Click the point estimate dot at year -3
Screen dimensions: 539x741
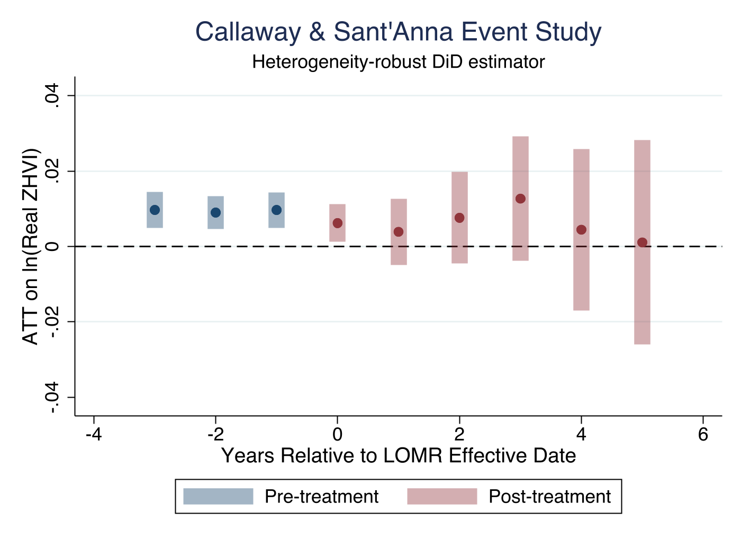click(x=155, y=210)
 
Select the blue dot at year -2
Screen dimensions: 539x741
click(x=215, y=212)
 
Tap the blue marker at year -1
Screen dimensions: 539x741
click(x=276, y=210)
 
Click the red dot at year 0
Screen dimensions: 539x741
click(x=338, y=223)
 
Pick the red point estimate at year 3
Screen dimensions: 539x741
click(x=520, y=199)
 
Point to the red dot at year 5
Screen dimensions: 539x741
click(x=642, y=242)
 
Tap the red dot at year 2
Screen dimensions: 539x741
click(x=459, y=218)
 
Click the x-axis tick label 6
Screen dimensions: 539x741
click(x=703, y=435)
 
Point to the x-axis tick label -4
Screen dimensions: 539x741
click(x=94, y=435)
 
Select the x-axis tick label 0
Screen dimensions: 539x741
click(x=338, y=435)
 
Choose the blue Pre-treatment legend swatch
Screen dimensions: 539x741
click(x=218, y=497)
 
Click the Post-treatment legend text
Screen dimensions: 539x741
click(x=549, y=497)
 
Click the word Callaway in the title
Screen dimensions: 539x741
click(x=248, y=32)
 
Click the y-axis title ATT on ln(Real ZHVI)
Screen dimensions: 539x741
click(x=31, y=246)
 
